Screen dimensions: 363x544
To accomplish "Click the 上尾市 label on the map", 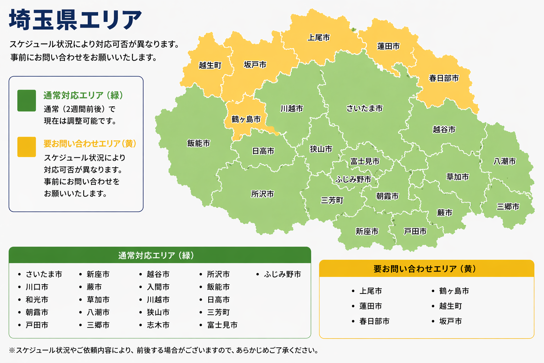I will [x=319, y=38].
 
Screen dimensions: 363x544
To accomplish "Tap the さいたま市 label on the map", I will [x=364, y=108].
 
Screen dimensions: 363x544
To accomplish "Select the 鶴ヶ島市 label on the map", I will [x=246, y=119].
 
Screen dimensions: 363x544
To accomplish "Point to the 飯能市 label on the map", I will [x=199, y=143].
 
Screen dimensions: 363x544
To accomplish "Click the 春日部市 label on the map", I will [x=444, y=78].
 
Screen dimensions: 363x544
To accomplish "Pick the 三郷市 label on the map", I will [x=508, y=207].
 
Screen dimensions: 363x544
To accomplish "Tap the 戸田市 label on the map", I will [x=415, y=231].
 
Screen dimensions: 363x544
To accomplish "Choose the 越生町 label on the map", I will [x=210, y=65].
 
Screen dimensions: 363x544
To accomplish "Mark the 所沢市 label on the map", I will [x=262, y=194].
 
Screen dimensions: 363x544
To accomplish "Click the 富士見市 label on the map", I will [x=365, y=161].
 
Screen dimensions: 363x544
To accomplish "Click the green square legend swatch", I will [x=27, y=101].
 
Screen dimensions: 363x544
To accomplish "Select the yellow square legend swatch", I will [x=27, y=147].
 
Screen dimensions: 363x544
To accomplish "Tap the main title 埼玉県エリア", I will [x=75, y=20].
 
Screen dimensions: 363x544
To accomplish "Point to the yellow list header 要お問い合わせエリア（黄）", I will [x=426, y=269].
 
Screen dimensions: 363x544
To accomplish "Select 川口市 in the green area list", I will [x=37, y=287].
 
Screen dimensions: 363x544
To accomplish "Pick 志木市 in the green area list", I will [x=158, y=325].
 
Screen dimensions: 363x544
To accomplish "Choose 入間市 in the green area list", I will [x=158, y=287].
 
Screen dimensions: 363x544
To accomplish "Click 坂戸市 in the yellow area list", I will [x=450, y=321].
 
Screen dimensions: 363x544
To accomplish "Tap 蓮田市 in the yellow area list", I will [x=370, y=306].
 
